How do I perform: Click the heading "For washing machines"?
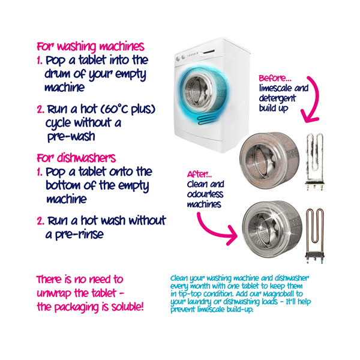point(91,47)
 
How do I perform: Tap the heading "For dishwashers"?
point(76,158)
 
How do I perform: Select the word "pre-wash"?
point(71,137)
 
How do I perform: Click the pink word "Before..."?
point(275,79)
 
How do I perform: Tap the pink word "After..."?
point(199,175)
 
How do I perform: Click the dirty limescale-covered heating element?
point(315,161)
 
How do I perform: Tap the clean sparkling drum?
point(272,229)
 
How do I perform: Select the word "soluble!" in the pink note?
point(128,307)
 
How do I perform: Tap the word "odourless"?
point(205,194)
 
